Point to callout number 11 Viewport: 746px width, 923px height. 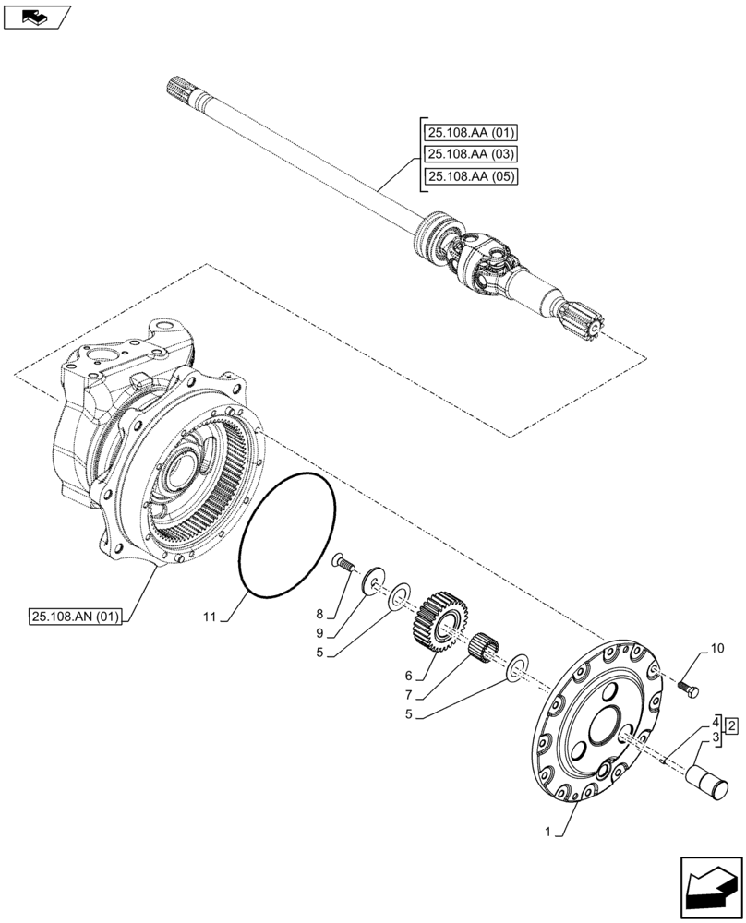pyautogui.click(x=210, y=616)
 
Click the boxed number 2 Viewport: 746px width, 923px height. pyautogui.click(x=730, y=727)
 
